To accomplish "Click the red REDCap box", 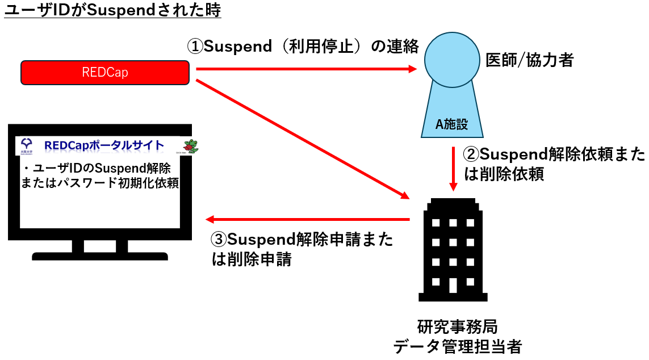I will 105,72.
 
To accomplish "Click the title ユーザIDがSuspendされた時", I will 112,12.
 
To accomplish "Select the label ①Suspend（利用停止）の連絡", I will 303,47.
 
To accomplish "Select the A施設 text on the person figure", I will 452,124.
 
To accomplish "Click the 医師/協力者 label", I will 529,60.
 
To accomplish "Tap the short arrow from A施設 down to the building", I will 453,168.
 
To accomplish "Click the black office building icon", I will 453,250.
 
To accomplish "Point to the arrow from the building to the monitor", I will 307,219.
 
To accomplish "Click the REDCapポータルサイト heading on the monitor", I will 104,146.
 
